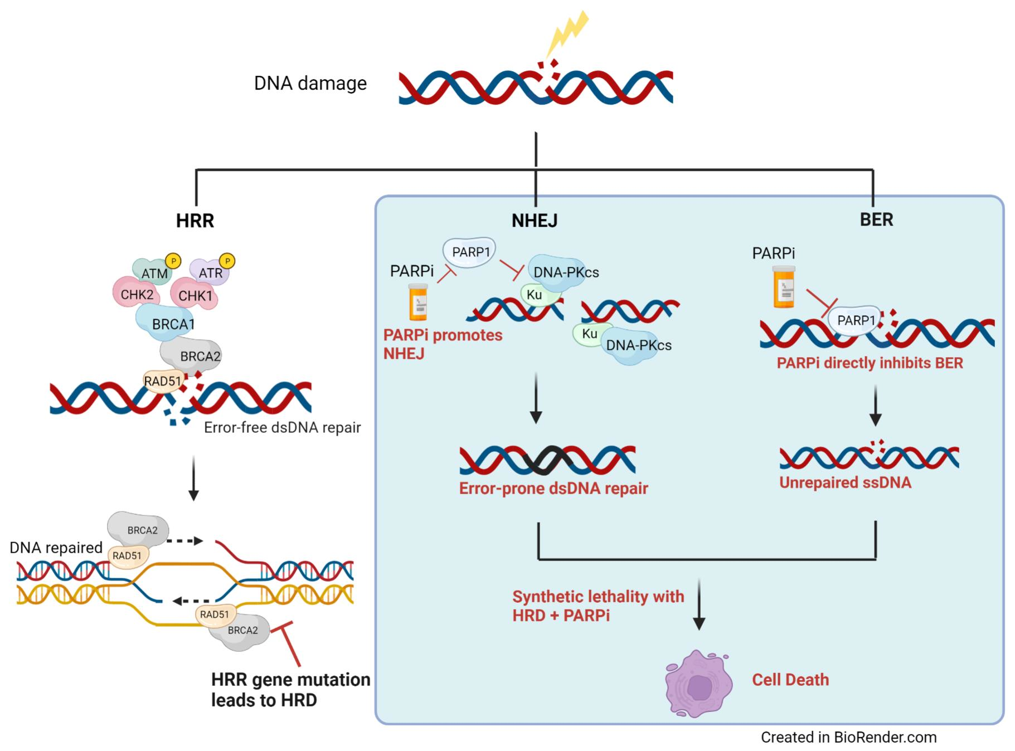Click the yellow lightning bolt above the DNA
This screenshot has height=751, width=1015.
pyautogui.click(x=567, y=34)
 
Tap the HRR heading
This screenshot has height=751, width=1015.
pyautogui.click(x=195, y=221)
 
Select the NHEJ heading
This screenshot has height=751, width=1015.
pyautogui.click(x=534, y=221)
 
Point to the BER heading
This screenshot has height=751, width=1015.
pyautogui.click(x=876, y=220)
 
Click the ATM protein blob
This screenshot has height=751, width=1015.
pyautogui.click(x=151, y=272)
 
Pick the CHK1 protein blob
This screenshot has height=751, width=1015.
pyautogui.click(x=195, y=296)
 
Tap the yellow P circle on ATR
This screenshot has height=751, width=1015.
pyautogui.click(x=227, y=261)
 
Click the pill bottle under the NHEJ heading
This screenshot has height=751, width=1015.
pyautogui.click(x=418, y=303)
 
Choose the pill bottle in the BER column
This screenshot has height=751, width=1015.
pyautogui.click(x=784, y=287)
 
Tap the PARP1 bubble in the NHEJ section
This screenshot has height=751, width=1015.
pyautogui.click(x=469, y=252)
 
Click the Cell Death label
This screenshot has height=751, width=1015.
pyautogui.click(x=790, y=680)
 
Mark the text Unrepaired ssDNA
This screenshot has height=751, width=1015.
pyautogui.click(x=844, y=482)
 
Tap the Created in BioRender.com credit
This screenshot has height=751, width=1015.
pyautogui.click(x=848, y=737)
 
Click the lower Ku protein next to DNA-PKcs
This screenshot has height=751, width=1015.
pyautogui.click(x=589, y=334)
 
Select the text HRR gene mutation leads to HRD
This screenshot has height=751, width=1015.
pyautogui.click(x=290, y=690)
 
